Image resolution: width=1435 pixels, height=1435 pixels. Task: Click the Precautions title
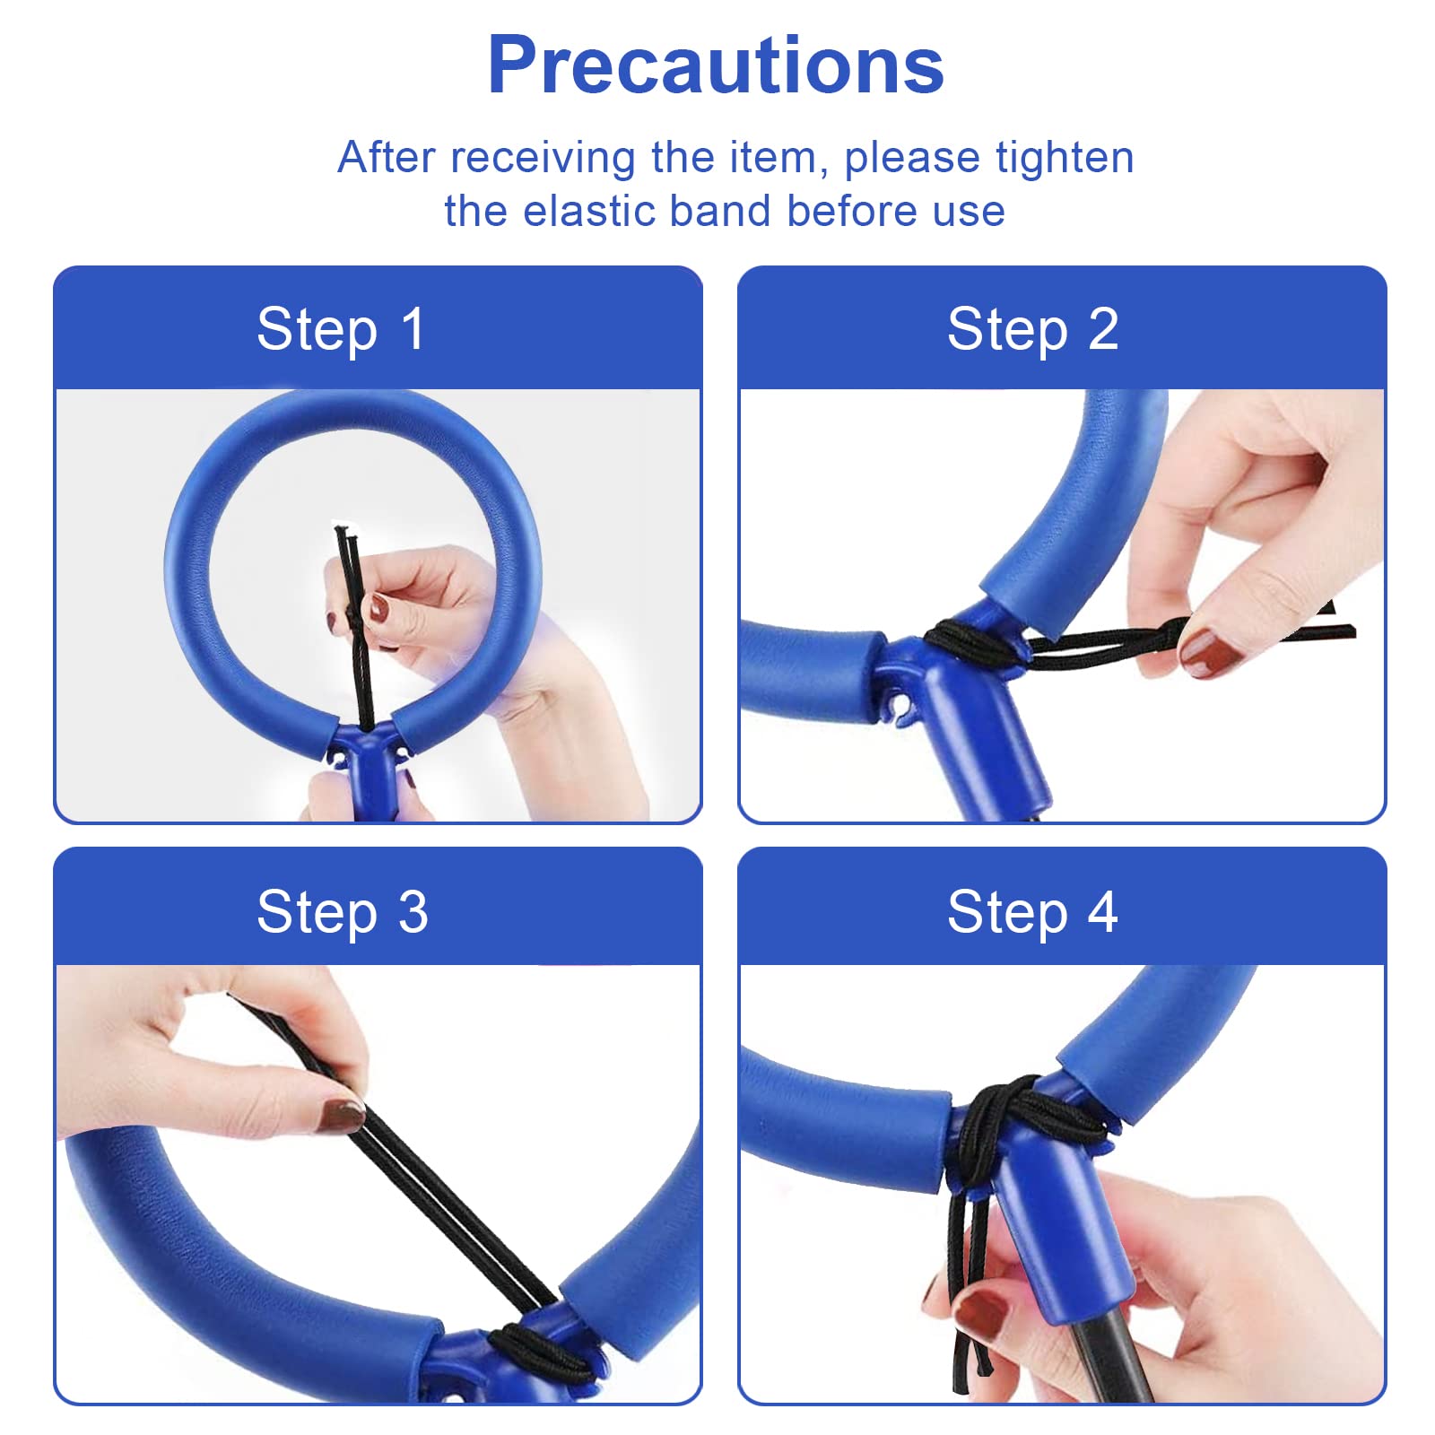pos(716,65)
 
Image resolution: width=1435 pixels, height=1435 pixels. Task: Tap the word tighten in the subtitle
pos(1065,158)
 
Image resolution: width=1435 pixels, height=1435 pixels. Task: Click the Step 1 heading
pos(341,330)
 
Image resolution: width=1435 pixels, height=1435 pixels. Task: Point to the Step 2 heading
pos(1033,330)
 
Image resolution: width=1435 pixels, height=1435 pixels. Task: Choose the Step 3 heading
pos(343,913)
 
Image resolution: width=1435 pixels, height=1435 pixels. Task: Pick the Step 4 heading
pos(1032,913)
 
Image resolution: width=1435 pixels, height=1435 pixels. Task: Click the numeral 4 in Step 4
pos(1102,912)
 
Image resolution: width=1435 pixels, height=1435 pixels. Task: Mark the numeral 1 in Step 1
pos(413,329)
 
